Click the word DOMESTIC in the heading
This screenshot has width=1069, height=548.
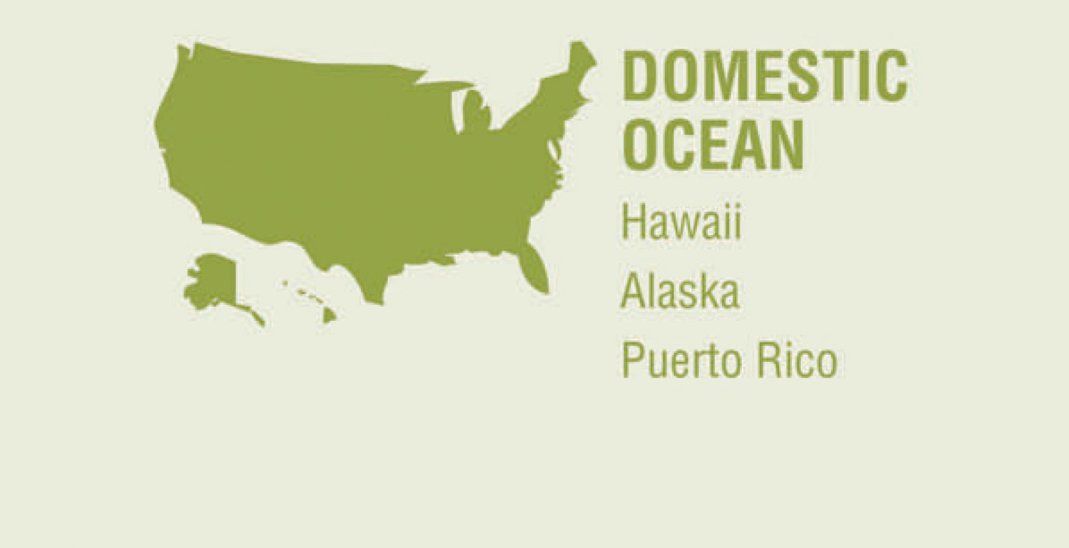point(764,77)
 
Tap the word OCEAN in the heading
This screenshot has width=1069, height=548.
point(713,146)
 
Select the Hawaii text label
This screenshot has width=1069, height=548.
point(682,221)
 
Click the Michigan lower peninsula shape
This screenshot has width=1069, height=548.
point(478,112)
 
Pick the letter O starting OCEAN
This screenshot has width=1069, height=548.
point(641,146)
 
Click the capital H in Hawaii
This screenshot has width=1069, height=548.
point(633,221)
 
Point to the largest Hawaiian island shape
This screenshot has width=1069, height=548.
point(329,315)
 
